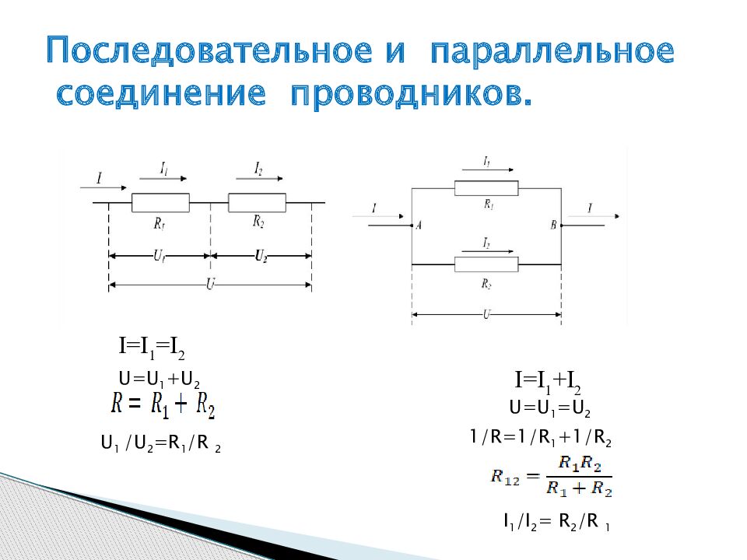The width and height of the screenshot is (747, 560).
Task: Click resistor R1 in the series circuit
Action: click(160, 203)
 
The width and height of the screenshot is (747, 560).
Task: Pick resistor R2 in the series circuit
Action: click(258, 202)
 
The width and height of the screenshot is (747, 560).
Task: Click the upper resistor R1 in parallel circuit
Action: click(486, 187)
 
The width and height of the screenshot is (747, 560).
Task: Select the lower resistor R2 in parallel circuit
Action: click(486, 264)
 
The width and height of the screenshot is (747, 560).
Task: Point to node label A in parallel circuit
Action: click(419, 226)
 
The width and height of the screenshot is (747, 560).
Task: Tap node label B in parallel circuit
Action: click(553, 226)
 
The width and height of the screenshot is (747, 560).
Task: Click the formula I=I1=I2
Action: click(151, 346)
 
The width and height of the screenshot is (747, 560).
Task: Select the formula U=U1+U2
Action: click(160, 380)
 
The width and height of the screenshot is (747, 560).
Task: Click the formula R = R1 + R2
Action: click(163, 404)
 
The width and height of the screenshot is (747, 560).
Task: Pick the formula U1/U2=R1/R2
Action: click(161, 445)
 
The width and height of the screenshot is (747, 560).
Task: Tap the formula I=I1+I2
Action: click(548, 381)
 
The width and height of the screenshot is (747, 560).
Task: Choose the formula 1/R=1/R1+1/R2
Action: click(540, 439)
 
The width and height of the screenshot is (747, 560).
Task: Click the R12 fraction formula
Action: click(551, 476)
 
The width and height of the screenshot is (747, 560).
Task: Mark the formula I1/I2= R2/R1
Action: click(556, 523)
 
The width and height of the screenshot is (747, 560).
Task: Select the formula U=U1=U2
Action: click(550, 408)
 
